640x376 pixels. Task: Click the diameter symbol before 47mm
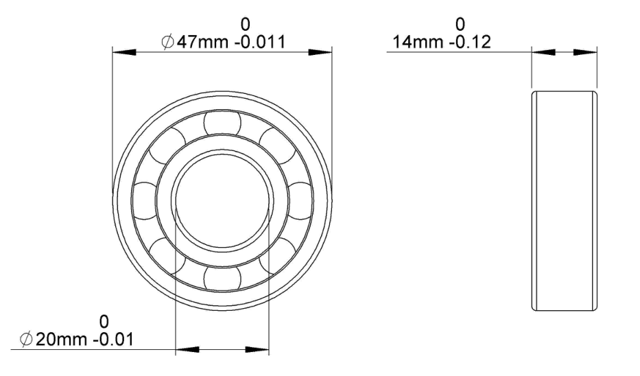pyautogui.click(x=167, y=43)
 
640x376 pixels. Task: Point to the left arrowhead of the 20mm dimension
pyautogui.click(x=187, y=350)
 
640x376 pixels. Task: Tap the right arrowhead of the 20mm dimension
pyautogui.click(x=257, y=350)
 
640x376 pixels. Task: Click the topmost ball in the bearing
pyautogui.click(x=222, y=124)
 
